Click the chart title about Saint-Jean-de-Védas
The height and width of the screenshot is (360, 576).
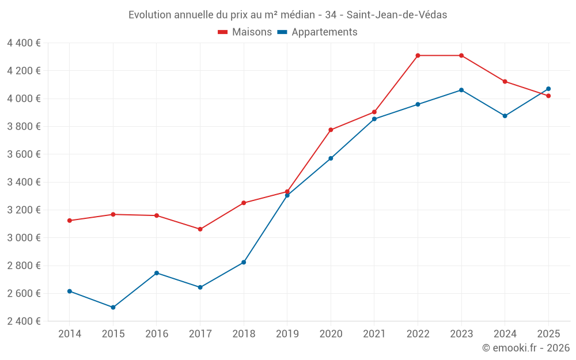click(x=287, y=14)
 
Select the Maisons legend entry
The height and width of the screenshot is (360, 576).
click(x=245, y=32)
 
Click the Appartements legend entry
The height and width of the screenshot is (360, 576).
click(x=317, y=32)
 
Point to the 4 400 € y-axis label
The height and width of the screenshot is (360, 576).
click(x=24, y=43)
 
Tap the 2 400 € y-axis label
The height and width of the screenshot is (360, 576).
click(x=24, y=321)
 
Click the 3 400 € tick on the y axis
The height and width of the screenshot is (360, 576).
click(x=24, y=182)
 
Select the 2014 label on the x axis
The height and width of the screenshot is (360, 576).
click(x=70, y=334)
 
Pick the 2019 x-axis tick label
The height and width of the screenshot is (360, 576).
click(x=287, y=334)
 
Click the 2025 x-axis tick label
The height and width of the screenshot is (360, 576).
click(x=548, y=334)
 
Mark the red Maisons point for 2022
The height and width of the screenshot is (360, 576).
click(x=418, y=55)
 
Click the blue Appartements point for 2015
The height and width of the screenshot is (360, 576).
click(x=113, y=308)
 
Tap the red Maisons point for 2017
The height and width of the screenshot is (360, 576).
click(x=200, y=229)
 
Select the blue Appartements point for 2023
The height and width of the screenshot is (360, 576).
click(x=461, y=90)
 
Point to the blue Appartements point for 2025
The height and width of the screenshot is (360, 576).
click(x=548, y=89)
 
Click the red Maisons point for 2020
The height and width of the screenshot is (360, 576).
click(x=331, y=130)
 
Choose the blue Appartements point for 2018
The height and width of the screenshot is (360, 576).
click(x=244, y=262)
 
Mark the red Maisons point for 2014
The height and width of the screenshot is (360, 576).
click(x=70, y=221)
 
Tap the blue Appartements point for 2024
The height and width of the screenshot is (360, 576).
click(x=505, y=116)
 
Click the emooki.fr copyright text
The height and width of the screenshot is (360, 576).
click(x=526, y=348)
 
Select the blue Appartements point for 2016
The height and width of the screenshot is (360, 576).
click(x=157, y=273)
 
